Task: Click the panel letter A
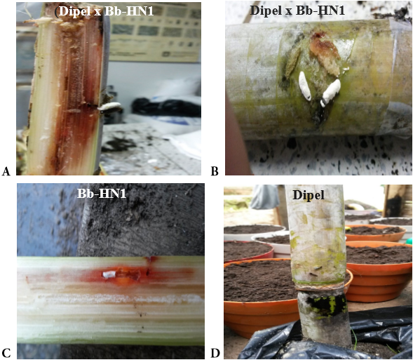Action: [6, 171]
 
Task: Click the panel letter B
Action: [215, 171]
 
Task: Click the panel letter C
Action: [6, 354]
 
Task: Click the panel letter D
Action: [215, 354]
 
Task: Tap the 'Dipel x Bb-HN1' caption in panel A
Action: [104, 12]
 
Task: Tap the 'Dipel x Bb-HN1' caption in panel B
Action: [297, 11]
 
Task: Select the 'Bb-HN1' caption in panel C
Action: [102, 194]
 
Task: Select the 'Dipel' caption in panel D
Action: [309, 196]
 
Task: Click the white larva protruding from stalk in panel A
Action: [109, 106]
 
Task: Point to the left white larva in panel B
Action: [304, 86]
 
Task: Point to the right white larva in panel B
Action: [330, 92]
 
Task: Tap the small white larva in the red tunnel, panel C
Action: [109, 274]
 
